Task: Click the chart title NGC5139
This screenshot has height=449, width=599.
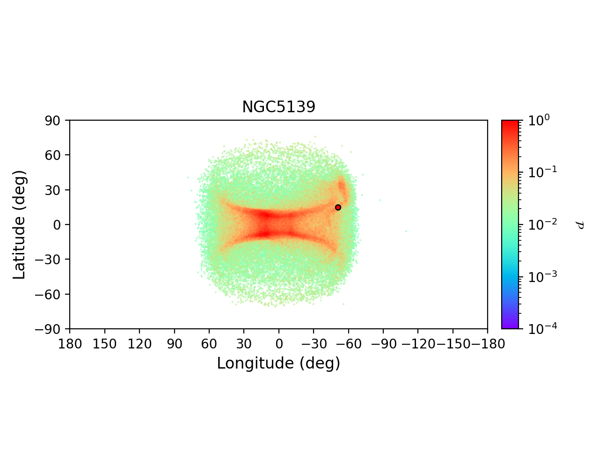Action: pos(278,107)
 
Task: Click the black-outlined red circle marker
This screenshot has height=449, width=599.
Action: pos(338,207)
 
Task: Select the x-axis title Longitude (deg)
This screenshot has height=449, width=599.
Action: pos(278,363)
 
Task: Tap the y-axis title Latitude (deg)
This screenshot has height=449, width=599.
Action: pos(20,224)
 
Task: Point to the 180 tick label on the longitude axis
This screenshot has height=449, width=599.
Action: pos(70,344)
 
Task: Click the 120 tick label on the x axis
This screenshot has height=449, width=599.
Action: pos(139,344)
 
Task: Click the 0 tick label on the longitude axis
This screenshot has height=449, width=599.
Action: pos(279,344)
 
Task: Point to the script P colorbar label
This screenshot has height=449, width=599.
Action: pos(580,224)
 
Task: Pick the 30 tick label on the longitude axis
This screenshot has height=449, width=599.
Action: pos(244,344)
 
